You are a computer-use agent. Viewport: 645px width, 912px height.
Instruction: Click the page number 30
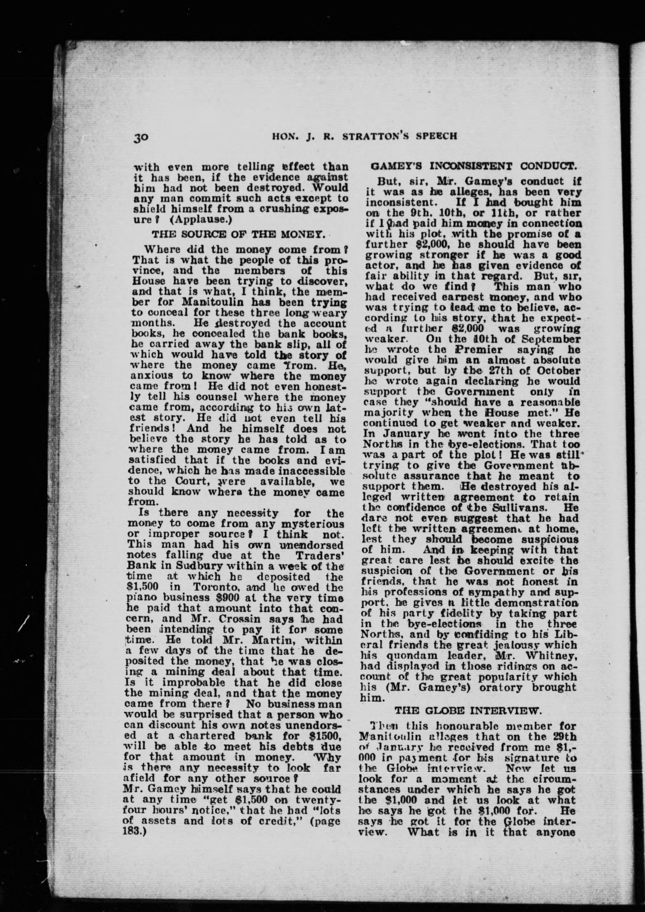coord(141,137)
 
